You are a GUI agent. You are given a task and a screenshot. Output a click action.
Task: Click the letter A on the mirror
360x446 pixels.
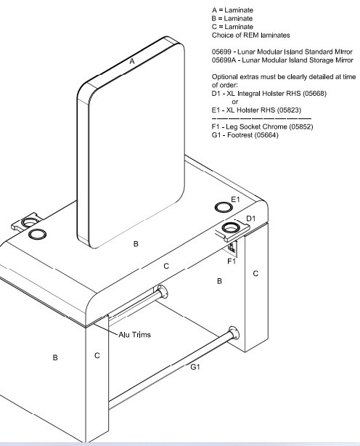point(132,61)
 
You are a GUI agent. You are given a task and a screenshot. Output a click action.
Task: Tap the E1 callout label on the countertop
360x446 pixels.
point(235,199)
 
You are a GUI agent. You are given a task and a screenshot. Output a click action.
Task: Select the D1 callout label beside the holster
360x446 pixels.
point(250,219)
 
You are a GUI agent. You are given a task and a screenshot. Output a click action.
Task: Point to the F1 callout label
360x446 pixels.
point(232,261)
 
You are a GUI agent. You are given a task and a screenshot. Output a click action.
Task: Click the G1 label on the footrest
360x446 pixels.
point(195,367)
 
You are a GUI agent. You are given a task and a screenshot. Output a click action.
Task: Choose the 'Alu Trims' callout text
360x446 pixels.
point(134,334)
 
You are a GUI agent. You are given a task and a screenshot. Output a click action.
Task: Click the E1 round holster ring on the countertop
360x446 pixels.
point(224,207)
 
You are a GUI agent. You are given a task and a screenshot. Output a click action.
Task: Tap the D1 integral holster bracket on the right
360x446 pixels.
point(232,230)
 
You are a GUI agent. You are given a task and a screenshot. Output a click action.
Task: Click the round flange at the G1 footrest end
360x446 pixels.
point(234,333)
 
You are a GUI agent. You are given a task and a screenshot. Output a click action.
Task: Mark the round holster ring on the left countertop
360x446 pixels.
point(37,234)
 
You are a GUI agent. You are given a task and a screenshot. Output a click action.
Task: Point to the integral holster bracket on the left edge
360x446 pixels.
point(26,222)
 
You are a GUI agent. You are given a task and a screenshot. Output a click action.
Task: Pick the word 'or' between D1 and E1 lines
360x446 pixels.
point(235,102)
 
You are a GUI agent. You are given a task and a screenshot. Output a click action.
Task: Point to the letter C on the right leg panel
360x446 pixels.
point(255,273)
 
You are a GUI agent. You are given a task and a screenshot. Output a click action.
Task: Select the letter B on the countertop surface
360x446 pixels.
point(136,244)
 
